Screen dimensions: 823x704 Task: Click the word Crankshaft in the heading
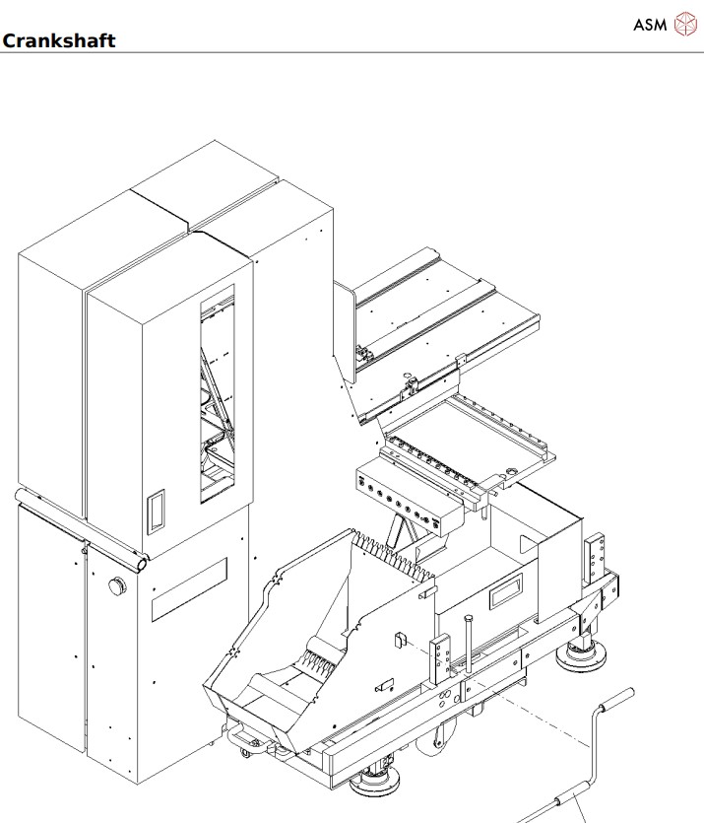pos(59,40)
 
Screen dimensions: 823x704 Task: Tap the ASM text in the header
pos(650,25)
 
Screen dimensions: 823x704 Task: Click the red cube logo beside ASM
pos(683,25)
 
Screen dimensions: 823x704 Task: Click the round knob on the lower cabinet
pos(117,586)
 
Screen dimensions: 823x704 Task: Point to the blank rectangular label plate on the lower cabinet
pos(189,589)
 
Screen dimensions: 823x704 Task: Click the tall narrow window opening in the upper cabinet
pos(217,394)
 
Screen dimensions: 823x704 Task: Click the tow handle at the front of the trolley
pos(239,735)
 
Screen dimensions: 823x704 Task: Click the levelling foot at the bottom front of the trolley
pos(376,783)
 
